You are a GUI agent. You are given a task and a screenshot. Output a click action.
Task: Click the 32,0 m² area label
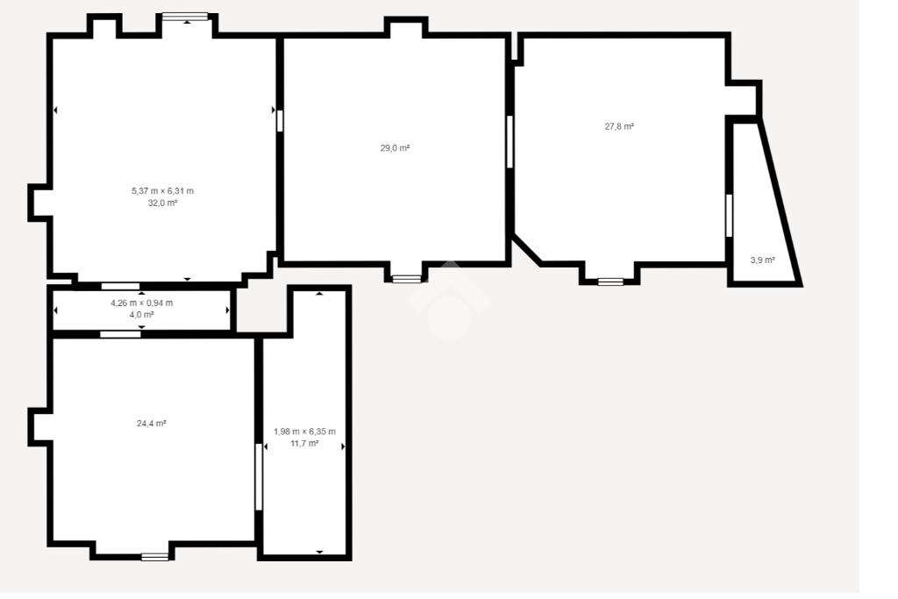pos(162,203)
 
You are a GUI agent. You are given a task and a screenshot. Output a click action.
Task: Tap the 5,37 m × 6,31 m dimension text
pos(162,190)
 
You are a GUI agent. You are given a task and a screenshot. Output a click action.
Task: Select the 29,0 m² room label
pos(396,147)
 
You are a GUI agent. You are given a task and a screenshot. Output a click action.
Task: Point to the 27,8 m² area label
pos(619,126)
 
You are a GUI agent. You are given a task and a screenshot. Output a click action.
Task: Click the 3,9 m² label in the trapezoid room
pos(762,260)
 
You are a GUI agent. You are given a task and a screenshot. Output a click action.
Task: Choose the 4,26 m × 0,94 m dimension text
pos(141,303)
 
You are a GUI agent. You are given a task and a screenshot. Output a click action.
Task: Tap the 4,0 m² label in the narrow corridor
pos(141,314)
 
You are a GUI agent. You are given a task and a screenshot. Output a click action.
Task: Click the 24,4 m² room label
pos(151,424)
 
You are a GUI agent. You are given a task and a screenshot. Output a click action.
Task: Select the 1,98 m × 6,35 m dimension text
pos(304,431)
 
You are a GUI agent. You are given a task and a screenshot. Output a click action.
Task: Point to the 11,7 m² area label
pos(304,443)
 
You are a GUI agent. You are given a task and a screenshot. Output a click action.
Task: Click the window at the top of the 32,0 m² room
pos(185,17)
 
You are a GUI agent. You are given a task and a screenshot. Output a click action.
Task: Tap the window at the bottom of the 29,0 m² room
pos(407,279)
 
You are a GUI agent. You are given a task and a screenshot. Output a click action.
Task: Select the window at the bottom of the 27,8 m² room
pos(610,282)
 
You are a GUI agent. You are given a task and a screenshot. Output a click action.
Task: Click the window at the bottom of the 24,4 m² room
pos(155,557)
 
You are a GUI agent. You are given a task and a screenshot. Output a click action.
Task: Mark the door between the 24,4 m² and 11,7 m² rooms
pos(259,477)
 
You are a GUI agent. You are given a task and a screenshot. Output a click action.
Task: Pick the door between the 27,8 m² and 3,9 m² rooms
pos(729,216)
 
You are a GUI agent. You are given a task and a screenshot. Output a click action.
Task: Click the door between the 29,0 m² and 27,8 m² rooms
pos(510,142)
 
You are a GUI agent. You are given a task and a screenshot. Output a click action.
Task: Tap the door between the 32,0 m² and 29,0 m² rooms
pos(280,121)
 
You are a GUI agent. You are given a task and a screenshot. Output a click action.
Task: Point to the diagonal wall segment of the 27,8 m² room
pos(527,250)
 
